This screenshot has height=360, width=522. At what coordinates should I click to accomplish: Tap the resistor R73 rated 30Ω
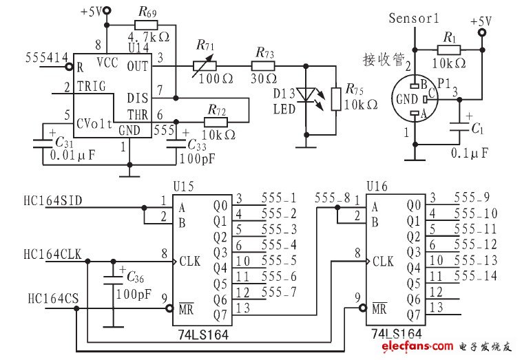click(x=263, y=66)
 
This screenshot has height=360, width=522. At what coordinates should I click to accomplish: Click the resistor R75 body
click(x=335, y=98)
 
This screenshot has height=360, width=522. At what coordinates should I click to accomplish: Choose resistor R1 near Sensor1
click(x=451, y=50)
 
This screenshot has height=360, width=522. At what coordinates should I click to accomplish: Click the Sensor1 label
click(x=413, y=18)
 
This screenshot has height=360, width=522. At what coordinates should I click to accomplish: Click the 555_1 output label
click(x=280, y=198)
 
